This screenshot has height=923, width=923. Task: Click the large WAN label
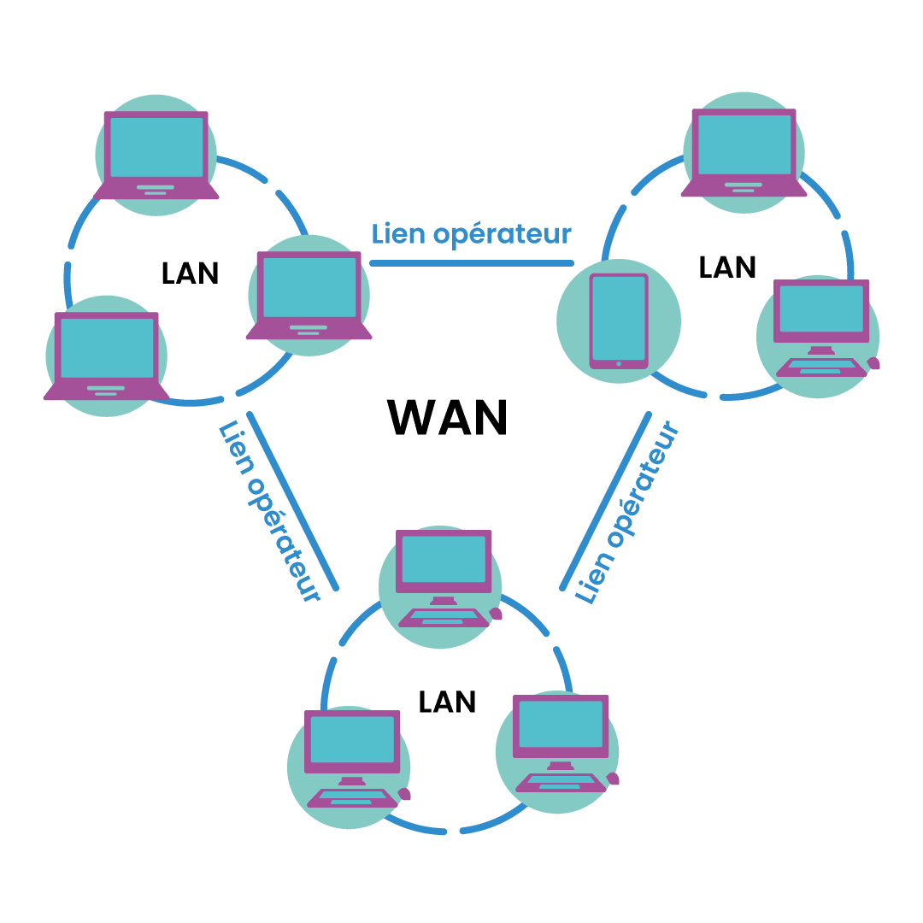pyautogui.click(x=448, y=418)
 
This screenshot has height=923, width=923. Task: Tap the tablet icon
pyautogui.click(x=619, y=320)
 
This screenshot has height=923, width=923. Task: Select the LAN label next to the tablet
pyautogui.click(x=727, y=267)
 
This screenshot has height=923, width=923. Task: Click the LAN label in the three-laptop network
pyautogui.click(x=190, y=273)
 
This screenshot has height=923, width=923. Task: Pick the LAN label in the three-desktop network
pyautogui.click(x=447, y=702)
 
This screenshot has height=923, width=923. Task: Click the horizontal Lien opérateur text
pyautogui.click(x=471, y=234)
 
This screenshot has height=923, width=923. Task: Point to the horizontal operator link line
pyautogui.click(x=471, y=262)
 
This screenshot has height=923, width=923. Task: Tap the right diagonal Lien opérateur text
pyautogui.click(x=627, y=513)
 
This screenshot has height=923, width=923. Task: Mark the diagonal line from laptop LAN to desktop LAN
pyautogui.click(x=292, y=501)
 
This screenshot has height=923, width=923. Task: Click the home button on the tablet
pyautogui.click(x=619, y=364)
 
